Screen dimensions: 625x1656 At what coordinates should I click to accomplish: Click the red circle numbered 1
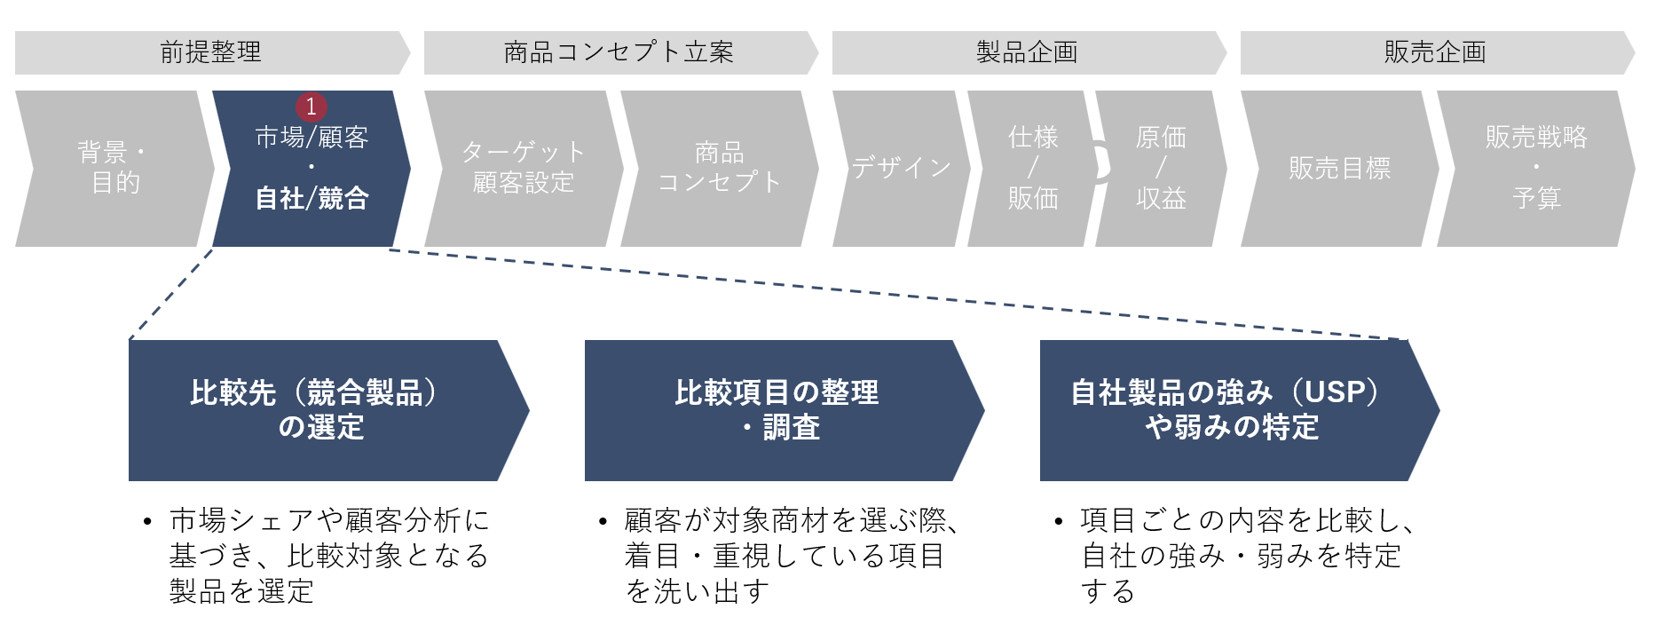(311, 107)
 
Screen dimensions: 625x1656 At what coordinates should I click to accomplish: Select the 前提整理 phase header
(211, 52)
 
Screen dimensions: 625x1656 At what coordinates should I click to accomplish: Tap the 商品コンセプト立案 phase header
(619, 52)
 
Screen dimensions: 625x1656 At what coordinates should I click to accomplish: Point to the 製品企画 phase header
(1028, 52)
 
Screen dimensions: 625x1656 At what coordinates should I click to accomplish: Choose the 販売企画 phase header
(1436, 52)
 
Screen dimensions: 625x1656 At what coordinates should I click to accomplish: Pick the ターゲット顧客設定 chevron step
(524, 168)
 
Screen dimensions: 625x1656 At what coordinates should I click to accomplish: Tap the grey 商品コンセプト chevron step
(720, 168)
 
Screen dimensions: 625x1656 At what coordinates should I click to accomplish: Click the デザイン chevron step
(901, 168)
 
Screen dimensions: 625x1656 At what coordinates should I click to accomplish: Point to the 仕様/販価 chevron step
(1032, 168)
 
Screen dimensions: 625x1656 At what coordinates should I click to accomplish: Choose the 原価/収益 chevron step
(1161, 168)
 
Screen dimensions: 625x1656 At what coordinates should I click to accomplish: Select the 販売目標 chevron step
(1339, 168)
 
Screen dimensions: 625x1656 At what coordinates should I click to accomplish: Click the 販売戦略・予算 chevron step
(1536, 168)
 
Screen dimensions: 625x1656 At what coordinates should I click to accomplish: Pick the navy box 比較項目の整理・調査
(777, 410)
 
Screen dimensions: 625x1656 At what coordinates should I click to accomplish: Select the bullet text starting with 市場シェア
(328, 556)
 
